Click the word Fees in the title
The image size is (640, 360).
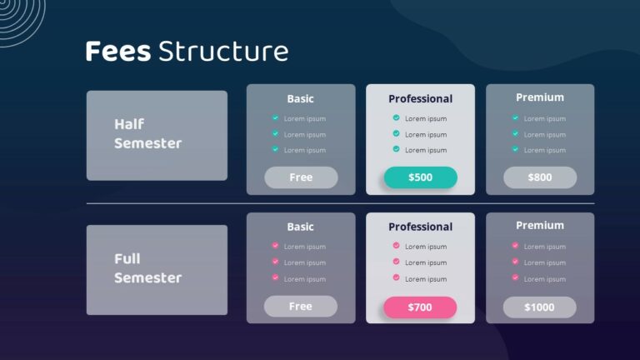(117, 52)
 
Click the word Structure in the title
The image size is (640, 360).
(222, 52)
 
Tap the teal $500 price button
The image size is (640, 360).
(420, 177)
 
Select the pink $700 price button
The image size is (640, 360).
(420, 307)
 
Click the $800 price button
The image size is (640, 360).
(539, 177)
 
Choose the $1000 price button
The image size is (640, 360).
(539, 307)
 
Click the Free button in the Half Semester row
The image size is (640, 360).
(301, 177)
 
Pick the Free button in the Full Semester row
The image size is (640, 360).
(301, 307)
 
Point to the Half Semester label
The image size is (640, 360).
(147, 133)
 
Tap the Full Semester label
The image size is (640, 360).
(147, 268)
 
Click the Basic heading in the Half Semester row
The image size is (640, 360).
(300, 98)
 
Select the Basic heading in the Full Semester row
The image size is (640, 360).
(300, 227)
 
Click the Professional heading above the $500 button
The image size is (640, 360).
(420, 99)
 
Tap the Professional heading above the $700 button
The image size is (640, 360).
(420, 227)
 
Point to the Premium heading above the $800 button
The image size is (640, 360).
(539, 97)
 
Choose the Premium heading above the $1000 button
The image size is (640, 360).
(539, 225)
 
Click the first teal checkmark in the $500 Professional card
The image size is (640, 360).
(396, 117)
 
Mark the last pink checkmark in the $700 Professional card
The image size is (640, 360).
(396, 277)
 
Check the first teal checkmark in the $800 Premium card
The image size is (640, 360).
(515, 117)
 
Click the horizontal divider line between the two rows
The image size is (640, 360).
(340, 203)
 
